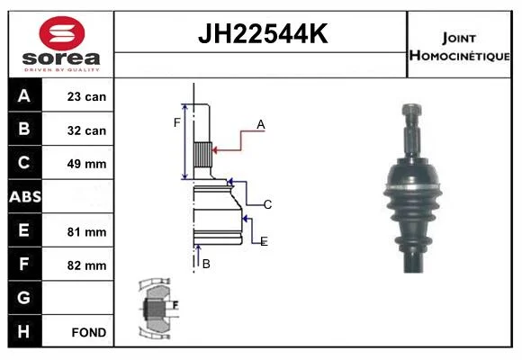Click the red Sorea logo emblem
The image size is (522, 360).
(62, 33)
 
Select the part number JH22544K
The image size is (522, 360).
(263, 33)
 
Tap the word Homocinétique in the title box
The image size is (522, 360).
(459, 56)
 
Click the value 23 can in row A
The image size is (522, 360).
(86, 96)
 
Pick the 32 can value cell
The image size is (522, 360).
(86, 130)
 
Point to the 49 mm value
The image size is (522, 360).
(86, 164)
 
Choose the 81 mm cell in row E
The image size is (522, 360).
(86, 232)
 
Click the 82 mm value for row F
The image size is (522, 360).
(86, 265)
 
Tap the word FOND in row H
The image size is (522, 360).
(89, 332)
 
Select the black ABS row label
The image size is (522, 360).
(25, 196)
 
